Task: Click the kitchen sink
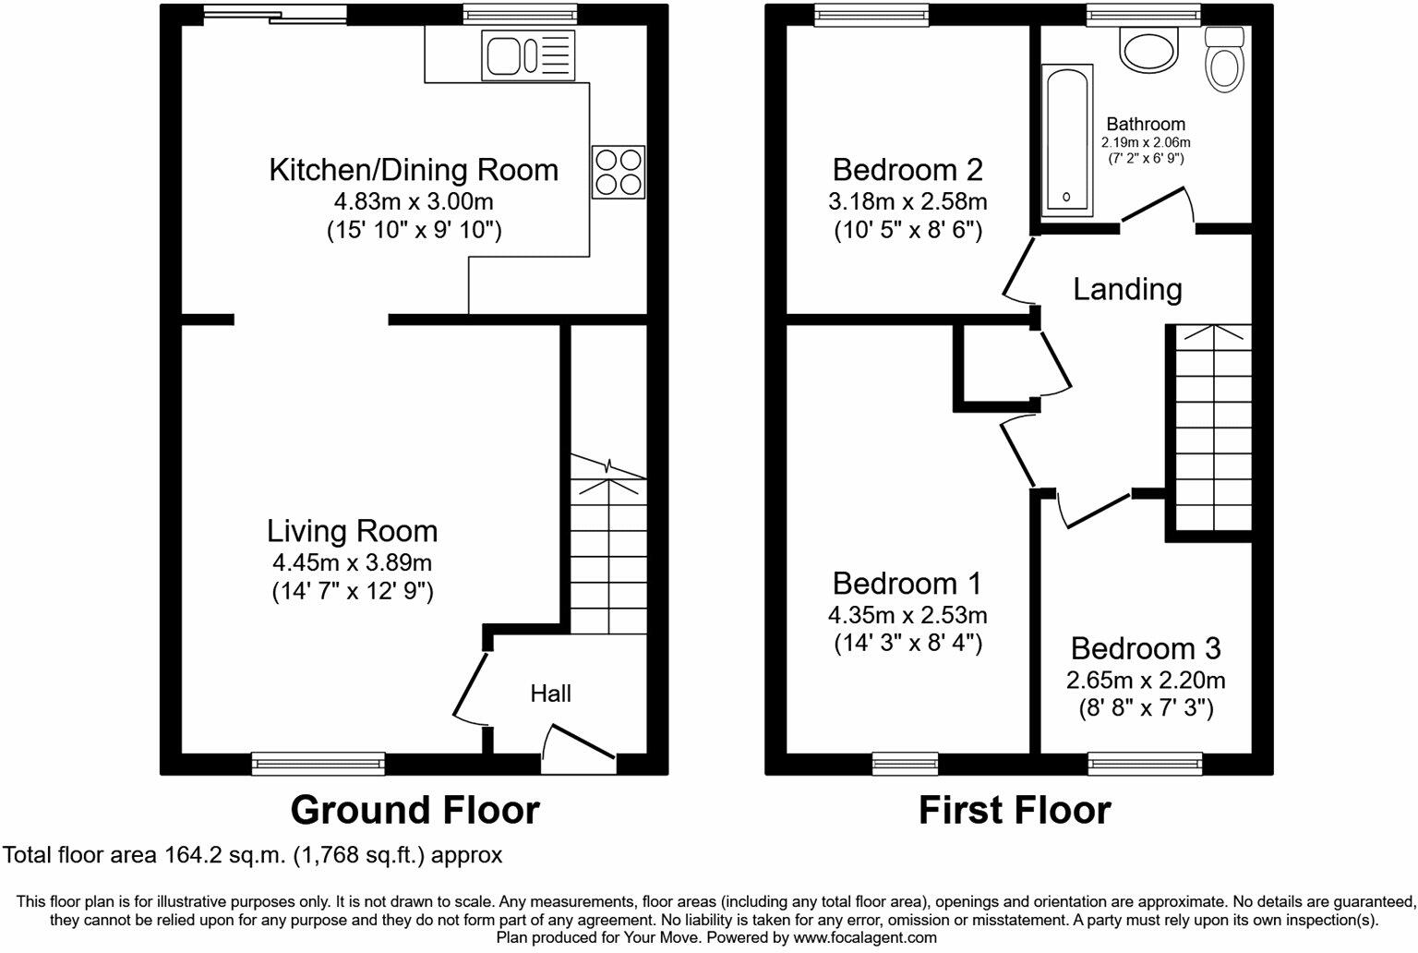(529, 55)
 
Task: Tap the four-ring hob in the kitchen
(619, 173)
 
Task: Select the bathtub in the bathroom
(1067, 140)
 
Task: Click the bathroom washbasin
(1148, 49)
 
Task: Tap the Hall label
(550, 694)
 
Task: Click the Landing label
(1127, 289)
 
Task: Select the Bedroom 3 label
(1146, 648)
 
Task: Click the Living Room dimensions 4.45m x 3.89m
(352, 562)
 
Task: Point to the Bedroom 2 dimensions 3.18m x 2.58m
(907, 201)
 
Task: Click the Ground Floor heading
(415, 811)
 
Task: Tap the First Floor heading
(1015, 811)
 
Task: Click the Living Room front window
(318, 764)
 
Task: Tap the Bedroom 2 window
(871, 15)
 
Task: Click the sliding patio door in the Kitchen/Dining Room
(275, 14)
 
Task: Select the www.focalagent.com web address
(865, 938)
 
